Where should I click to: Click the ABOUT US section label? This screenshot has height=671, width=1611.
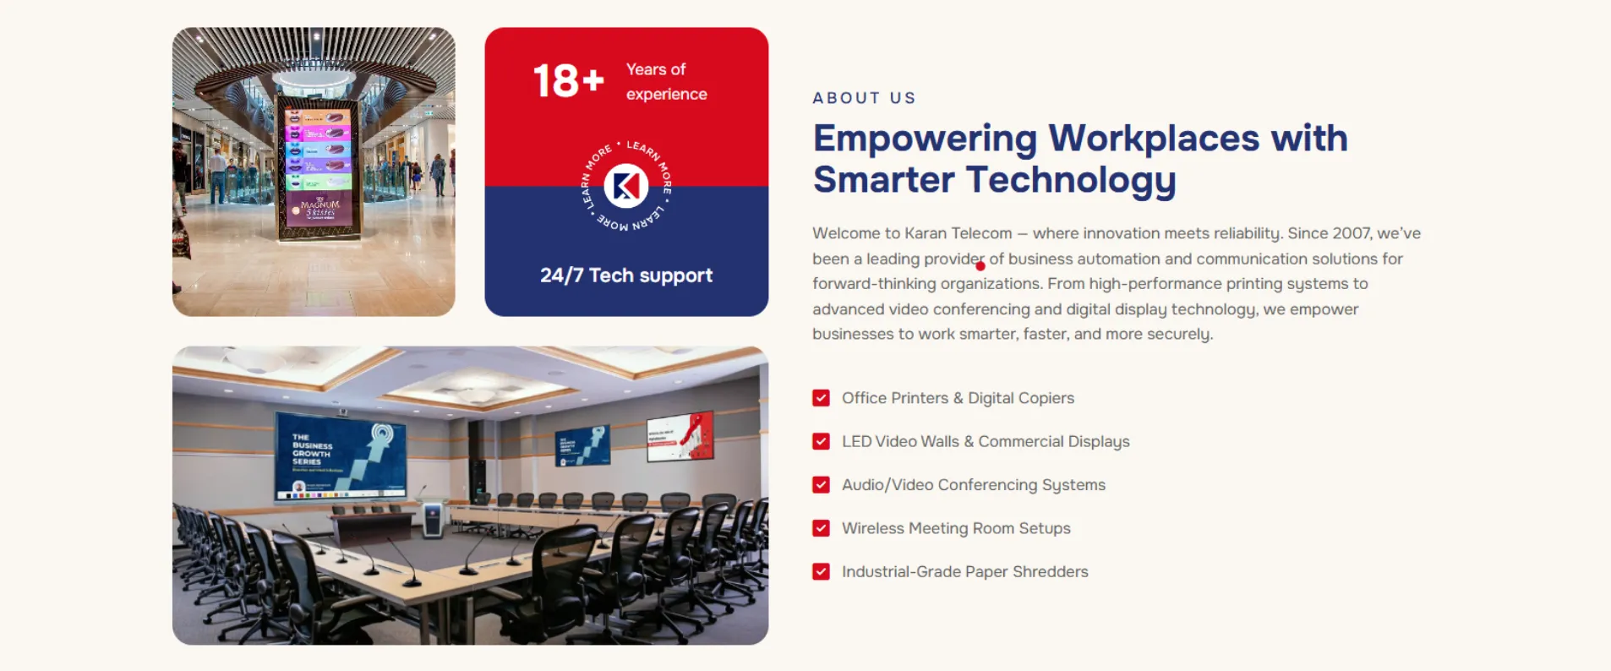(864, 98)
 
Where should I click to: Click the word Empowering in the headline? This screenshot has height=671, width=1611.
(925, 139)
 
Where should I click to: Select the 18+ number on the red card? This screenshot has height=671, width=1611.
(568, 81)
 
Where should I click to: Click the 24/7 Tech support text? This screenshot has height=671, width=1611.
(626, 275)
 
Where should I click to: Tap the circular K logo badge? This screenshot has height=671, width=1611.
(626, 186)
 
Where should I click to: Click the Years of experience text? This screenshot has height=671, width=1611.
(666, 82)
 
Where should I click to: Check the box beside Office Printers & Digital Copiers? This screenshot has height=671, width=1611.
(821, 398)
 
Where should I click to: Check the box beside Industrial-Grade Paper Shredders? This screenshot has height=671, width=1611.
(821, 572)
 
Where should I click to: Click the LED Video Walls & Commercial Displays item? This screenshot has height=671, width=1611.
(985, 441)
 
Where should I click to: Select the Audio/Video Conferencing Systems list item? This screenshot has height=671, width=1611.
(973, 485)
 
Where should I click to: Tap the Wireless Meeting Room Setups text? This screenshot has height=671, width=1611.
(955, 528)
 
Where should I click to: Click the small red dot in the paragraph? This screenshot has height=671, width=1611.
(980, 266)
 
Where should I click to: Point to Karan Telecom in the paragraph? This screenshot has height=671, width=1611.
(958, 233)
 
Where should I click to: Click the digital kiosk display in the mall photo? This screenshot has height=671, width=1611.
(319, 169)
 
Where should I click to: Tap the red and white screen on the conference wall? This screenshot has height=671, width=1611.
(680, 435)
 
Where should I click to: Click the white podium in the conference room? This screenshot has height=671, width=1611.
(433, 517)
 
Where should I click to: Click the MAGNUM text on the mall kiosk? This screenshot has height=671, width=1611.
(320, 205)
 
